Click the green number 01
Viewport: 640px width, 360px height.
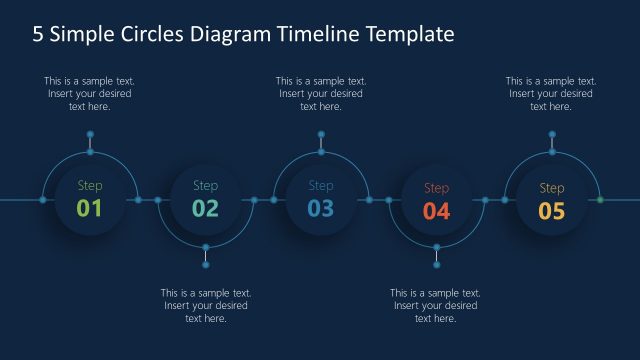90,208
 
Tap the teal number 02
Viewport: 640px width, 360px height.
205,208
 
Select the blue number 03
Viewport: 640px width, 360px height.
321,208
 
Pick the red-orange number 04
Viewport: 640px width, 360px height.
437,210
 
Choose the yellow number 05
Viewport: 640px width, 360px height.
552,210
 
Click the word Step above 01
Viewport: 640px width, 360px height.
90,186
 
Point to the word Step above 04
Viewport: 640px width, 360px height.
437,188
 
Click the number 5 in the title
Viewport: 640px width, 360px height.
38,35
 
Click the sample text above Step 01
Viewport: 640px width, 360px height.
89,94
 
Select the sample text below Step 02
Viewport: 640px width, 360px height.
205,305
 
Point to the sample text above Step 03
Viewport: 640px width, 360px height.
321,94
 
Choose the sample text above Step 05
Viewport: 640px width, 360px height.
551,94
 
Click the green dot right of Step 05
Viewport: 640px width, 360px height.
600,200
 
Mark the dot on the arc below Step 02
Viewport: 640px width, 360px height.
206,247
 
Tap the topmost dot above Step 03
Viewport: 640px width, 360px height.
321,133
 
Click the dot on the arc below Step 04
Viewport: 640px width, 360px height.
437,247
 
